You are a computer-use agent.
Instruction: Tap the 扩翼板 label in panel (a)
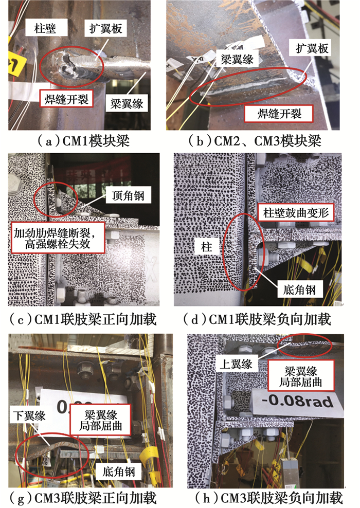[x=105, y=29]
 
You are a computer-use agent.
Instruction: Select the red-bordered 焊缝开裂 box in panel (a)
[x=66, y=99]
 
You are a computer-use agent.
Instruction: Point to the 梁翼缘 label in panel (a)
[x=127, y=103]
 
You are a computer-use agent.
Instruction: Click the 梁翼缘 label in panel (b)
[x=237, y=59]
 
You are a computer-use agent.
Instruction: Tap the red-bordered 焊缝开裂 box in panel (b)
[x=279, y=114]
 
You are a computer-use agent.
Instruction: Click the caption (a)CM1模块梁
[x=83, y=141]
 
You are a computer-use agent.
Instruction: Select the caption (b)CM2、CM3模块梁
[x=255, y=141]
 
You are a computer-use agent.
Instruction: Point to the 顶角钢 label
[x=128, y=195]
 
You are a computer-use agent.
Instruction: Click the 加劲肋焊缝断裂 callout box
[x=58, y=238]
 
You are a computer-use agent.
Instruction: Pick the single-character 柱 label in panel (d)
[x=206, y=247]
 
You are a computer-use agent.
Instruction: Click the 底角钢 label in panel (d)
[x=299, y=289]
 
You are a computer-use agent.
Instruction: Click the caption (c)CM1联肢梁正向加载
[x=83, y=319]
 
